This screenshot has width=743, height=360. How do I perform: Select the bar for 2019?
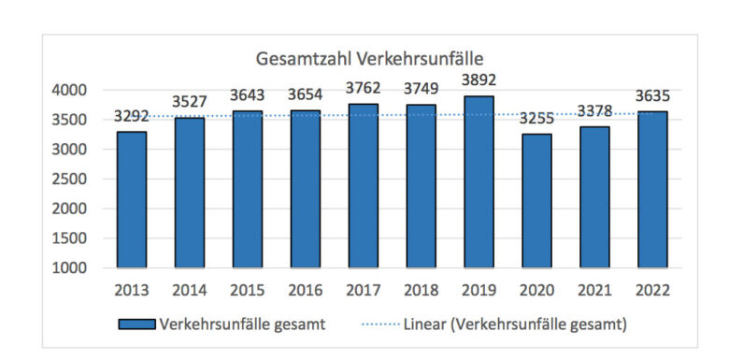coord(479,181)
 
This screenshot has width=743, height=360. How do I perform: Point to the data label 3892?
coord(479,81)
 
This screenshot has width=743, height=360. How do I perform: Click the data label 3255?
coord(536,119)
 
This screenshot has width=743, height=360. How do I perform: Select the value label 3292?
coord(131,117)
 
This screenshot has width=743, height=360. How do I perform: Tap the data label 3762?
coord(363,89)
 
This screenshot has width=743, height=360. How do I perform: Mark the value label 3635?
coord(653,96)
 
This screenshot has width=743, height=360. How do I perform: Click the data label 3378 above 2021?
coord(594,111)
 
